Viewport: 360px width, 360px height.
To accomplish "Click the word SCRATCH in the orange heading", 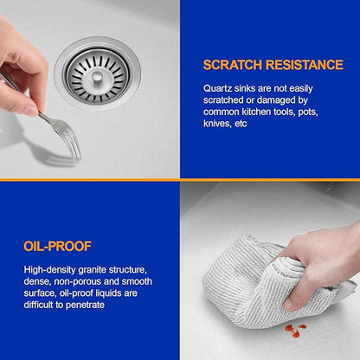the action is pyautogui.click(x=233, y=65).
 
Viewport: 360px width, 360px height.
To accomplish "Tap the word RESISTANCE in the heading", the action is pyautogui.click(x=305, y=65).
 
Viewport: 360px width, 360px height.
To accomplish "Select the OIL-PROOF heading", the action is pyautogui.click(x=57, y=247).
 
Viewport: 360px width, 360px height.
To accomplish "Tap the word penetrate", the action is pyautogui.click(x=86, y=305).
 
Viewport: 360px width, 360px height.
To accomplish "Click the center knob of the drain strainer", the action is pyautogui.click(x=97, y=76).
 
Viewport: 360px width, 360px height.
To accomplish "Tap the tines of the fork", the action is pyautogui.click(x=72, y=138).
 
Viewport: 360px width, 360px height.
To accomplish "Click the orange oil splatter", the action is pyautogui.click(x=295, y=330).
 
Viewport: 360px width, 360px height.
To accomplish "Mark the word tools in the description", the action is pyautogui.click(x=284, y=112).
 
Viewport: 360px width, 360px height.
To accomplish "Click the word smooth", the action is pyautogui.click(x=137, y=281).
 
